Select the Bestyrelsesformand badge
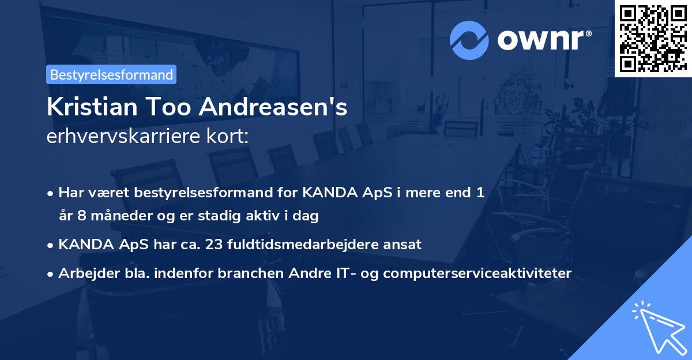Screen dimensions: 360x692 tap(111, 74)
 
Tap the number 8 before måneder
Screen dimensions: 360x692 tap(82, 216)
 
